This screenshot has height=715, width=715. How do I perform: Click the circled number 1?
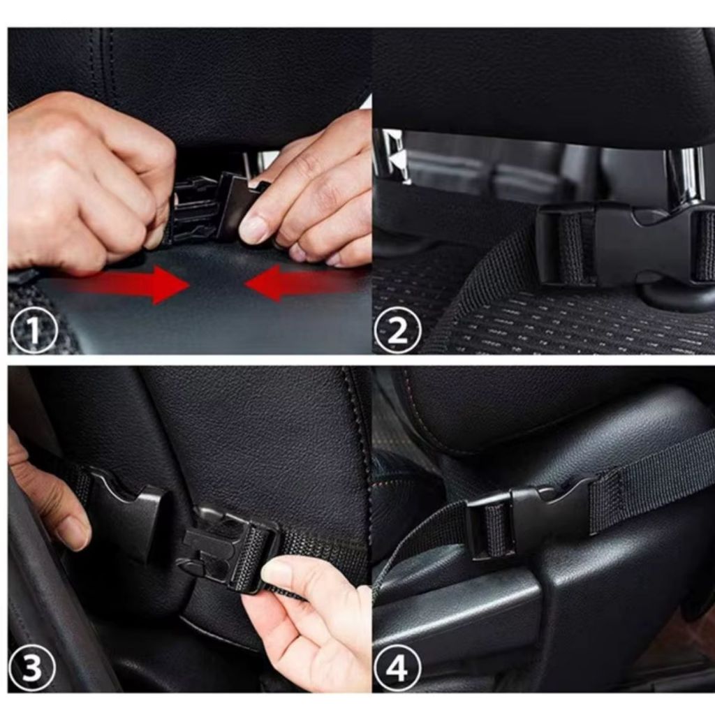point(34,330)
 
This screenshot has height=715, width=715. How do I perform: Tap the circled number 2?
point(397,330)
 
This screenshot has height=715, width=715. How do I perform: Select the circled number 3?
point(32,668)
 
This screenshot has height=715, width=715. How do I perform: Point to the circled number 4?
point(397,668)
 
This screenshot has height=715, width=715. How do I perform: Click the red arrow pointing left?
point(301,283)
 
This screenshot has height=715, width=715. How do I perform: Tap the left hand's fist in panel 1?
point(87,182)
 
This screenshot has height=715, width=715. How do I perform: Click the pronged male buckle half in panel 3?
point(228,547)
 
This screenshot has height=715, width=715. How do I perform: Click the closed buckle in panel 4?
point(529,515)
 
